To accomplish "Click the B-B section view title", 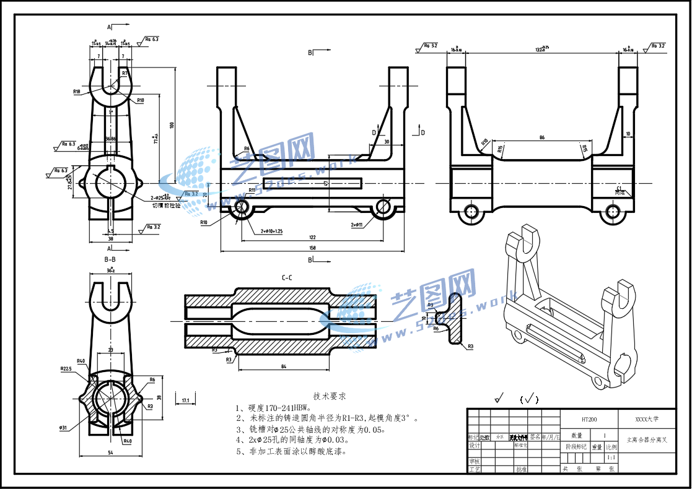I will click(x=110, y=259).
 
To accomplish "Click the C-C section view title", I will click(x=287, y=278).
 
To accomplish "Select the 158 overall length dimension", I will click(x=312, y=248).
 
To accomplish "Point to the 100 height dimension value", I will click(x=172, y=124).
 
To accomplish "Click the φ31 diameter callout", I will click(x=64, y=427).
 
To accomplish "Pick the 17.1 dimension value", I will click(x=185, y=401).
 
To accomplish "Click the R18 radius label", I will click(x=77, y=92).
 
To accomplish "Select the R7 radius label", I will click(x=125, y=73).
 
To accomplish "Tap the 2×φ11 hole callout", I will click(x=357, y=225).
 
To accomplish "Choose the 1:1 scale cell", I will click(x=611, y=457).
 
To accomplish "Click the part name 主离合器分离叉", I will click(x=647, y=439).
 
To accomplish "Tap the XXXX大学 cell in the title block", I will click(x=647, y=419).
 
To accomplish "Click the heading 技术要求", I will click(x=329, y=396).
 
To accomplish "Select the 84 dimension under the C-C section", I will click(x=283, y=368).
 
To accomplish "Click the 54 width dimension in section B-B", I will click(x=110, y=454).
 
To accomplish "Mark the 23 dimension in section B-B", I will click(x=110, y=350).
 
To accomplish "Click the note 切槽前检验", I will click(x=166, y=205).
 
